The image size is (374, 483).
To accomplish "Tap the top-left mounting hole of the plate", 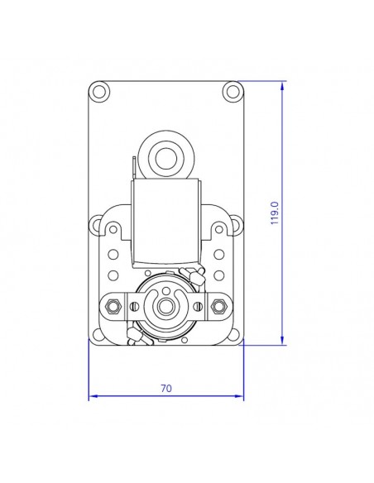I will [x=100, y=89].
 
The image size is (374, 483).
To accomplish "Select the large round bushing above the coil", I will [x=166, y=155].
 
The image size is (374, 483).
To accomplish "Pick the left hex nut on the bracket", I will [x=113, y=307].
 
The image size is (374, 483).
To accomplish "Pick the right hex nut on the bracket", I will [x=218, y=307].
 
